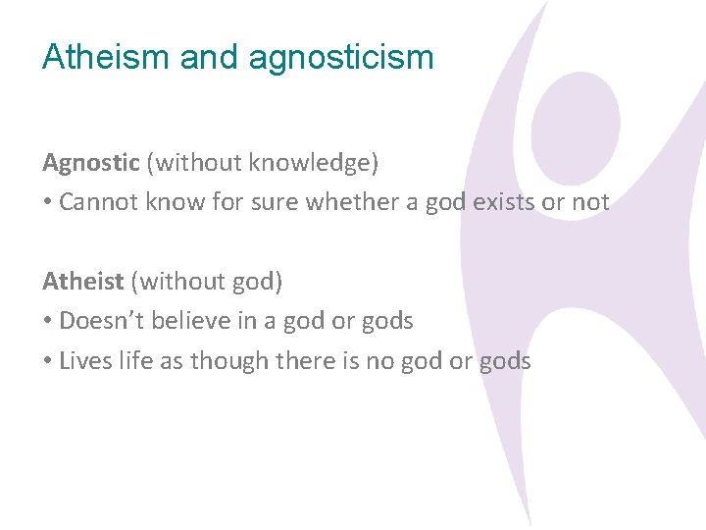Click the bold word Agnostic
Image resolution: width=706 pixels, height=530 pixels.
click(x=91, y=163)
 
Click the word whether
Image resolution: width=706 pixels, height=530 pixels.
click(x=350, y=202)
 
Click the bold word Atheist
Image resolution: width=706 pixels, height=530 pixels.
click(x=82, y=282)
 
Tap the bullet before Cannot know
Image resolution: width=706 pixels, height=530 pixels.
click(x=47, y=203)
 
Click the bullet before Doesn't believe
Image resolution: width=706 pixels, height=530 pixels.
click(x=47, y=322)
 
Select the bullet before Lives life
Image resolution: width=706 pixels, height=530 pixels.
click(x=47, y=362)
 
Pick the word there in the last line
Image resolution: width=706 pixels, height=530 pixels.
click(x=307, y=361)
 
